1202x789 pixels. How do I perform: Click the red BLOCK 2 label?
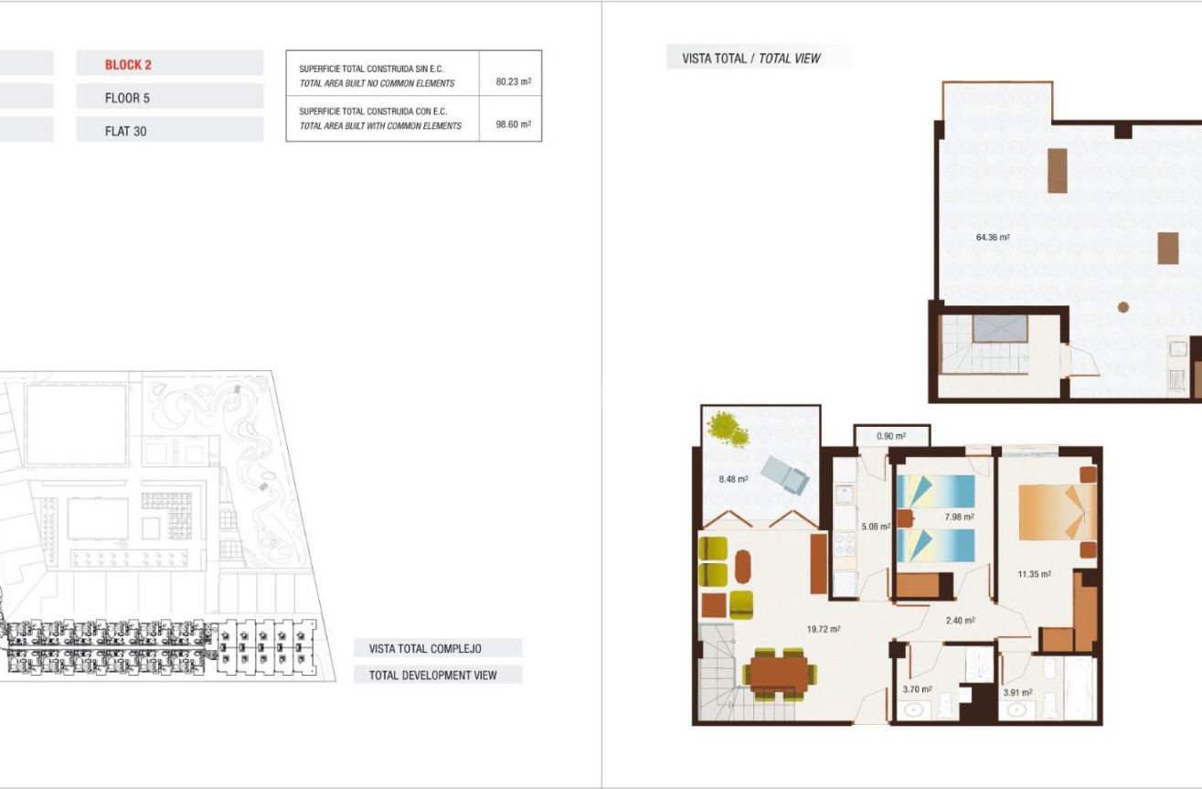point(128,65)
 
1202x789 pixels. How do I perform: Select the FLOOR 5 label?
point(127,98)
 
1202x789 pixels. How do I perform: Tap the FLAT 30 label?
point(125,131)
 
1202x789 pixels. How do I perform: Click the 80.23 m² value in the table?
point(513,81)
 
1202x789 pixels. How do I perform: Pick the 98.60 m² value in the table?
point(513,124)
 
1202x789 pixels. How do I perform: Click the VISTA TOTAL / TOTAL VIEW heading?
point(751,59)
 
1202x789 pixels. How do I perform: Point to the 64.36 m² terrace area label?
point(993,238)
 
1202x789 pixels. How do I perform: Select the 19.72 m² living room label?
point(823,629)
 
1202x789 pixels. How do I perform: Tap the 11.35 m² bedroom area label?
point(1034,574)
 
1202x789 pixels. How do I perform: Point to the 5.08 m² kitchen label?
point(876,527)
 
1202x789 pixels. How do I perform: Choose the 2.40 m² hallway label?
point(960,620)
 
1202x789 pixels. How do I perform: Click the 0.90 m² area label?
point(890,436)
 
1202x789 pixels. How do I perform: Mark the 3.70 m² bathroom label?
point(917,689)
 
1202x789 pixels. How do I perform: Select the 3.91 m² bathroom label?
point(1017,692)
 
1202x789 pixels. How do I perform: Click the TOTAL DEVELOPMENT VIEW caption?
point(433,675)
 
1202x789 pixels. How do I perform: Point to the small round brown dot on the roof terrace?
point(1123,307)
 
